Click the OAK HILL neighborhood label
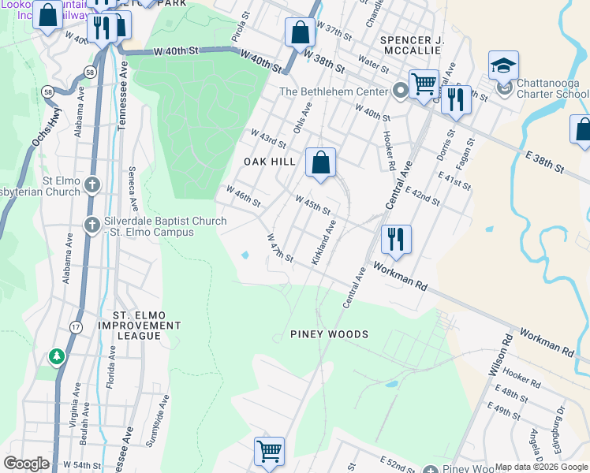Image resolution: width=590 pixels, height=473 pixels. point(269,162)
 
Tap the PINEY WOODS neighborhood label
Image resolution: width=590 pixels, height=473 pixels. point(329,334)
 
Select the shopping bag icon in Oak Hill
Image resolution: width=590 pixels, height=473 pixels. point(321,164)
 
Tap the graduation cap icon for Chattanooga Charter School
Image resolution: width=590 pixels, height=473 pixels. point(503,67)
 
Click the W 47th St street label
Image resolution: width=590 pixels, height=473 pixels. point(280,248)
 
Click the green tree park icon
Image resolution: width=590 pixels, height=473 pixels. point(57,357)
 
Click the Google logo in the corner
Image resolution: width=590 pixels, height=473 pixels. point(26,463)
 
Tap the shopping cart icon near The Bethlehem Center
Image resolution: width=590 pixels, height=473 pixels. point(424,83)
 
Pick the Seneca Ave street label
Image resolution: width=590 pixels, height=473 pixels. point(133,189)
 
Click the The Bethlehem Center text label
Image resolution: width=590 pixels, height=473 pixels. point(334,91)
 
